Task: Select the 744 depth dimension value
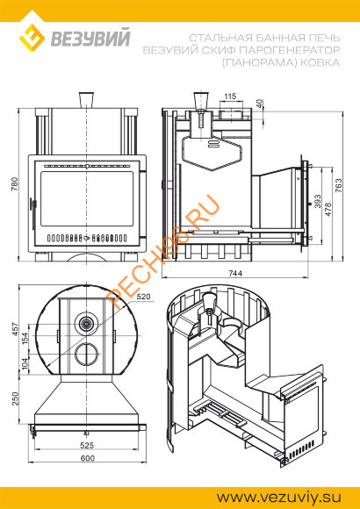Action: (235, 273)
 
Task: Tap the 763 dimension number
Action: (339, 186)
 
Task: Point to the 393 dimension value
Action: (317, 201)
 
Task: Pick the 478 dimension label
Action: (328, 210)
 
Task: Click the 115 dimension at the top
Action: (230, 97)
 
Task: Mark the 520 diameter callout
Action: (144, 297)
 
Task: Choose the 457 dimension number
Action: (15, 330)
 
